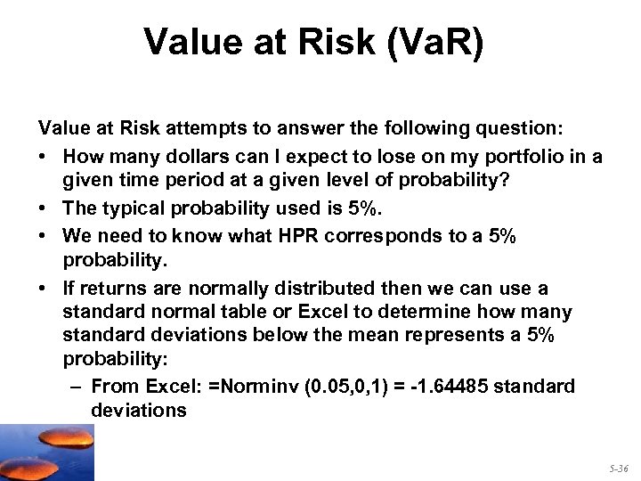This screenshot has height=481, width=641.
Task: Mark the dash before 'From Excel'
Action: click(75, 387)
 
